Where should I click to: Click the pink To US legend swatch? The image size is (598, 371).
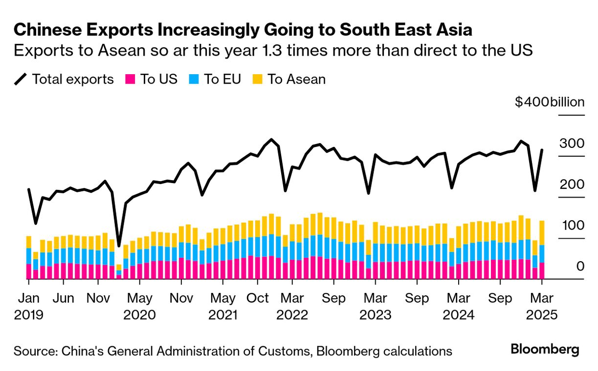[x=131, y=79]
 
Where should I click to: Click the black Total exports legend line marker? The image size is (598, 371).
[x=21, y=79]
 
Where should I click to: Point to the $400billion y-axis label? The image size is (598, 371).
[x=550, y=103]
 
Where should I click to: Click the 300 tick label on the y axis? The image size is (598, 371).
[x=571, y=144]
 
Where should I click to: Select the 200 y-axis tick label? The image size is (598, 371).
[x=571, y=185]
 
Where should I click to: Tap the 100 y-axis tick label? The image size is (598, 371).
[x=571, y=226]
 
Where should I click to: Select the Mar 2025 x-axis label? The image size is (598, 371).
[x=541, y=306]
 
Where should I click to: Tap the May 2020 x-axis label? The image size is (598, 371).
[x=139, y=306]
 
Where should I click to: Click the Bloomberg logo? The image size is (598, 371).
[x=545, y=350]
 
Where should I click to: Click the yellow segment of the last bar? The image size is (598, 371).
[x=542, y=233]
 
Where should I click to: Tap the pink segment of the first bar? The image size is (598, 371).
[x=28, y=271]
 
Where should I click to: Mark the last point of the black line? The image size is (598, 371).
[x=542, y=150]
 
